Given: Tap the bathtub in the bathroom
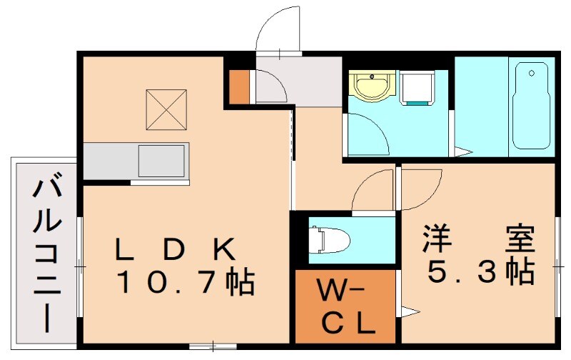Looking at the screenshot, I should [x=529, y=107].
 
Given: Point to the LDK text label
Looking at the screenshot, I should [x=175, y=249].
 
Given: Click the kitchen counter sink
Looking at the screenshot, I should [x=162, y=160].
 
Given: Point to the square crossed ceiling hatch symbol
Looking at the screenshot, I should [x=166, y=109].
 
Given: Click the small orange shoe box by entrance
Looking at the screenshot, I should [x=239, y=86].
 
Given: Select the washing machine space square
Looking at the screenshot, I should [x=418, y=87].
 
